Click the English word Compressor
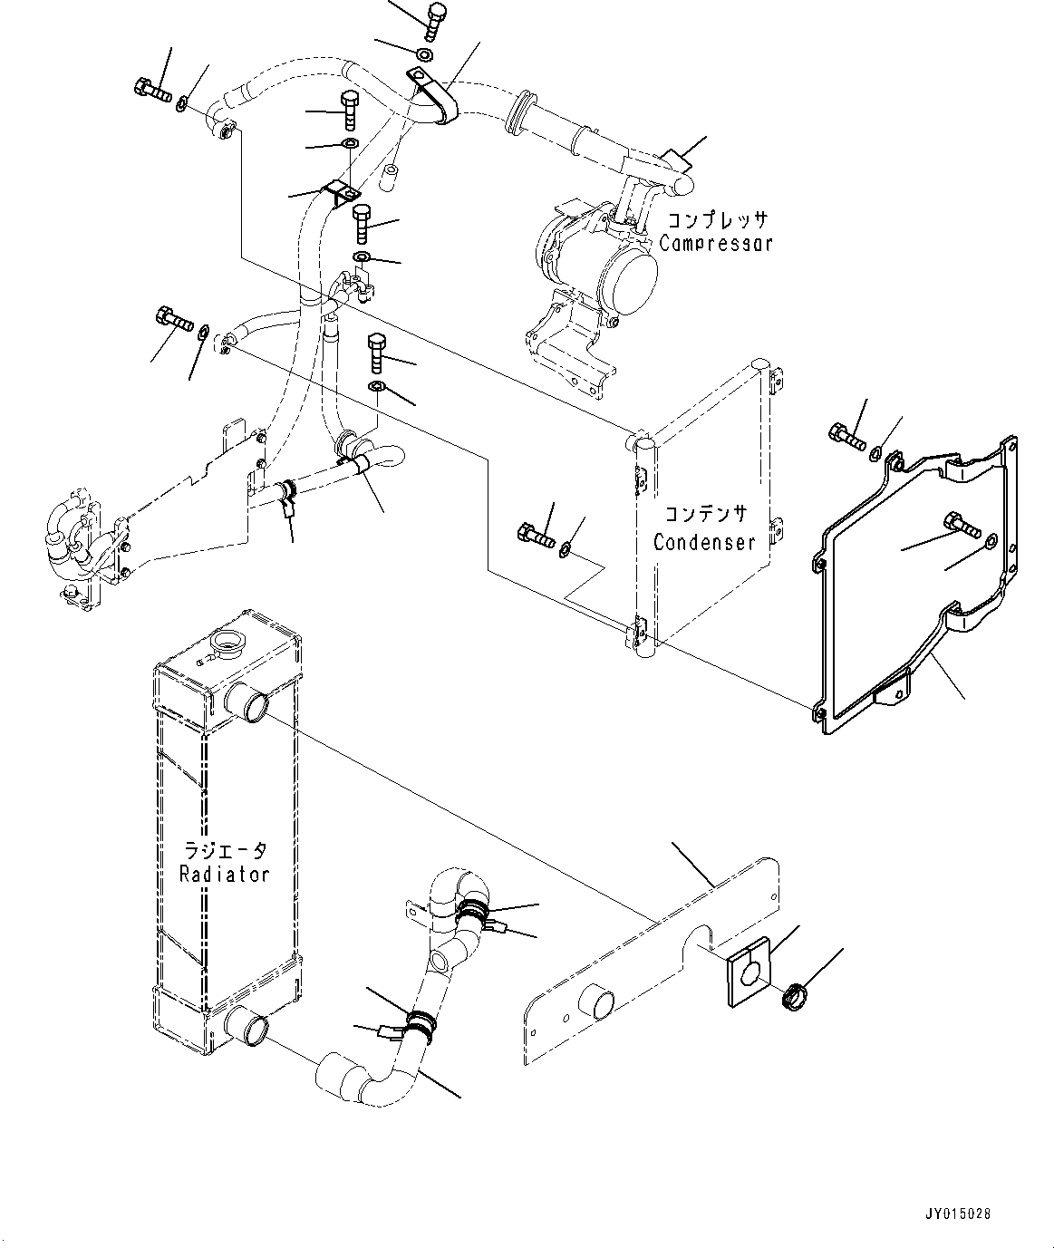(x=716, y=243)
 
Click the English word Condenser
(x=704, y=542)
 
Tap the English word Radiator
(x=224, y=874)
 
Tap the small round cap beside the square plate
(x=795, y=995)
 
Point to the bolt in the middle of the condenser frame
(x=960, y=524)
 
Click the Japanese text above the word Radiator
(x=225, y=850)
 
